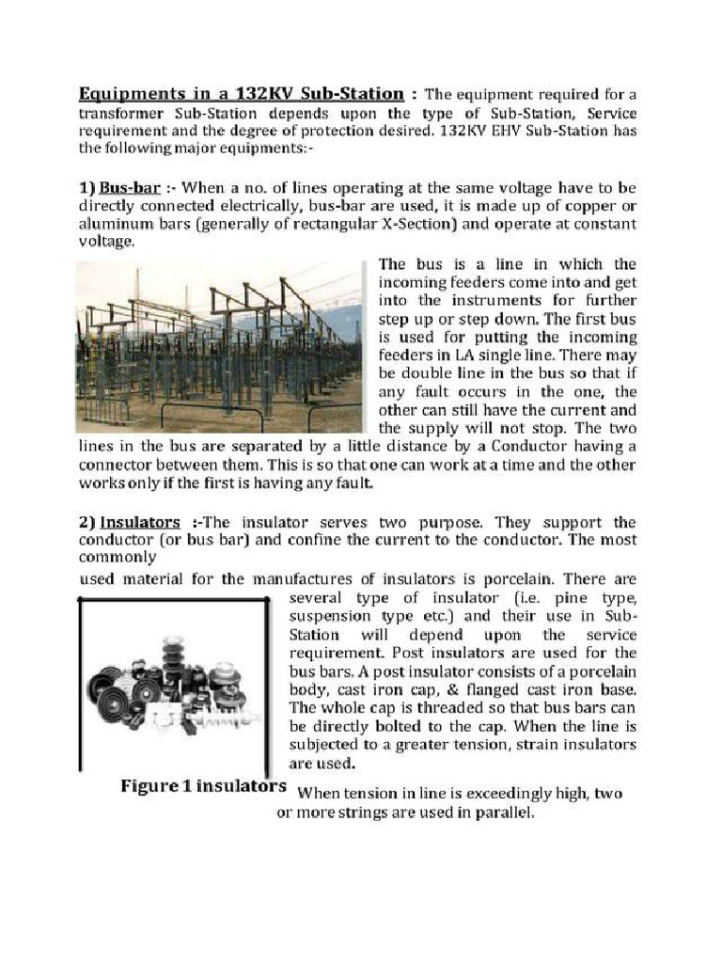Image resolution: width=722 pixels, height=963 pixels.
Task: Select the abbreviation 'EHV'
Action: coord(489,131)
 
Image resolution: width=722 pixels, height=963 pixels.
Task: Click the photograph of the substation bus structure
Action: coord(219,346)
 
